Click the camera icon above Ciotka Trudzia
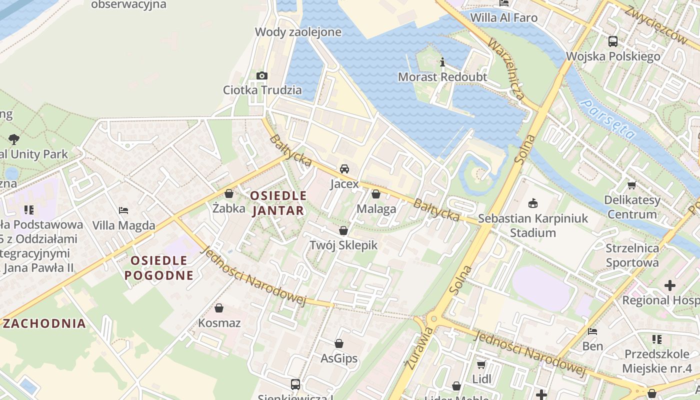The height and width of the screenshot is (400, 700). point(261,75)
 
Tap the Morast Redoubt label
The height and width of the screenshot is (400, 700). point(442,77)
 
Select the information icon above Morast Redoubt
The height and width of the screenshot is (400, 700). point(442,62)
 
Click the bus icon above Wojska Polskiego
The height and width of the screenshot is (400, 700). point(612,41)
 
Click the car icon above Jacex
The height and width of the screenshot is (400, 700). point(344,169)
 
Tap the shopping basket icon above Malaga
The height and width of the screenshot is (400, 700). point(376,194)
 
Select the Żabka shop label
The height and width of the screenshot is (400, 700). point(228,208)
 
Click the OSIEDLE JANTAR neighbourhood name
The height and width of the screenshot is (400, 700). point(278,203)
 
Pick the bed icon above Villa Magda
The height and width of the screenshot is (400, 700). point(123,210)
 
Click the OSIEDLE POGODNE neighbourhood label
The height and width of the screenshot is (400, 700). point(159,267)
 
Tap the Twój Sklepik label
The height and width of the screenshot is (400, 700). point(343,245)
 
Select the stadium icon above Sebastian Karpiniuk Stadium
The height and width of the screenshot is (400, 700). point(533,203)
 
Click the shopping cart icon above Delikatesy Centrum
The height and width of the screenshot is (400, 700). point(632,185)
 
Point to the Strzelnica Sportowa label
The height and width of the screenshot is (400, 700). point(632,255)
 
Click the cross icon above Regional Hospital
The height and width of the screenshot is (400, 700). point(669,285)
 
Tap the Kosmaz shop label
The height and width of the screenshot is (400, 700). point(219,323)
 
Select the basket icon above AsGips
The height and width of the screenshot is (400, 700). point(339,343)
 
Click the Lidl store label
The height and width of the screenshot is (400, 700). point(481,379)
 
